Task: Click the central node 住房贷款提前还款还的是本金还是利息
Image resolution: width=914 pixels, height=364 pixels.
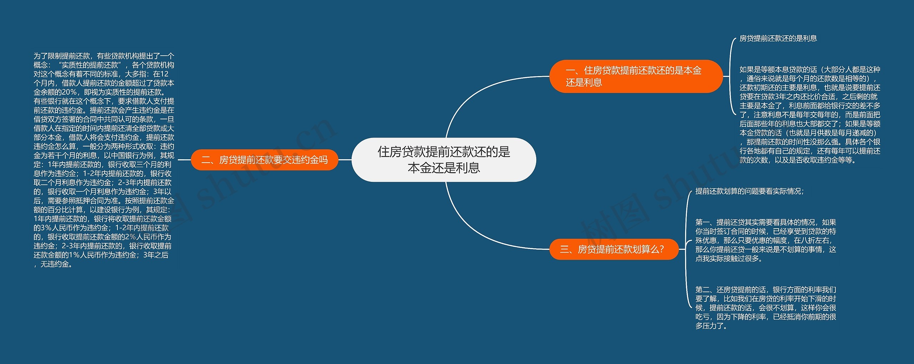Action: pos(444,160)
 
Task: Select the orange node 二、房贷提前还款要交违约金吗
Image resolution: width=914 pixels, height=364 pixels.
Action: pos(264,160)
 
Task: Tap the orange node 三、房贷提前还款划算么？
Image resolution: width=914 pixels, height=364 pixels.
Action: pos(613,249)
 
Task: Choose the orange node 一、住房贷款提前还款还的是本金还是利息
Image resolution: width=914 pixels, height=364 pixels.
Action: pos(636,76)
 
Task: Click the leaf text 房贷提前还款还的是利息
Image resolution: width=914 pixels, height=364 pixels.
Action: pos(778,38)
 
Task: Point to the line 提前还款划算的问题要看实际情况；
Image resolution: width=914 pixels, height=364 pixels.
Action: pos(749,191)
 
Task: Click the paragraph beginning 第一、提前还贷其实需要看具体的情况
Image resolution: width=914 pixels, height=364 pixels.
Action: pos(765,240)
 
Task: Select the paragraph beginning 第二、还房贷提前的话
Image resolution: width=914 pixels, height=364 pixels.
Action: pos(765,308)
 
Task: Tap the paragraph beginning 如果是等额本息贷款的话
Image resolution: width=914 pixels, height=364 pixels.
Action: pos(810,115)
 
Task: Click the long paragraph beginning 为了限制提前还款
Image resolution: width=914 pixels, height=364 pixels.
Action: pos(104,160)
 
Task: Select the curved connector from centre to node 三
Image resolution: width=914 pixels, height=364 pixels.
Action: pos(475,229)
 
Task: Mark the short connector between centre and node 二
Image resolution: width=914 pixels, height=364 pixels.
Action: pos(345,160)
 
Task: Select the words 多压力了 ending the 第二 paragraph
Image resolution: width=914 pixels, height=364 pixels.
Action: pos(710,326)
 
